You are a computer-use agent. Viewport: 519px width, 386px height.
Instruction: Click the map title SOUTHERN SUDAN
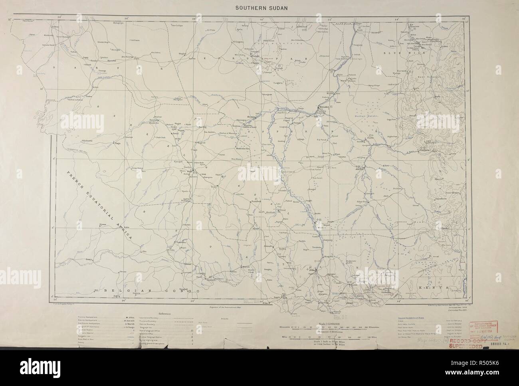[259, 7]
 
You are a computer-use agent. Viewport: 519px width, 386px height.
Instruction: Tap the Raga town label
[117, 143]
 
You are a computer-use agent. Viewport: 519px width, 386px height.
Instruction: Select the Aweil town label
[175, 133]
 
